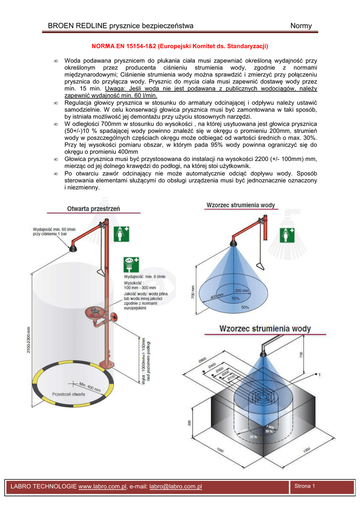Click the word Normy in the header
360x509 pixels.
click(301, 26)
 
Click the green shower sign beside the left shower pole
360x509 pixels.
click(121, 234)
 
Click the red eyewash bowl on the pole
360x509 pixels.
click(95, 313)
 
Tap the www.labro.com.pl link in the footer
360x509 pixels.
click(102, 486)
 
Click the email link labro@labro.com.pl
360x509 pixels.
click(176, 486)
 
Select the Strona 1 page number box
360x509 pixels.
click(305, 486)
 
